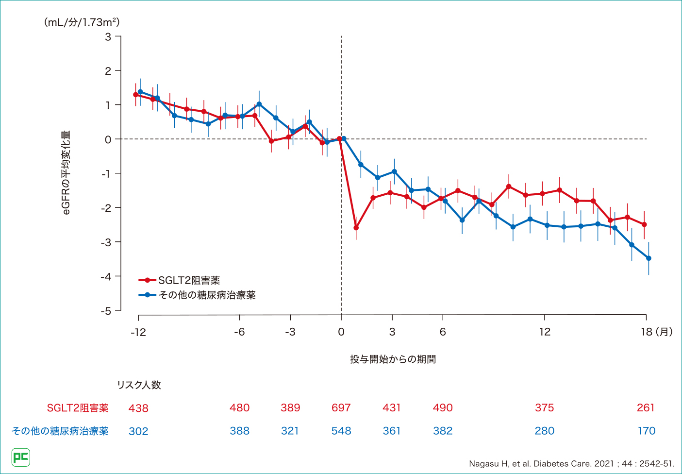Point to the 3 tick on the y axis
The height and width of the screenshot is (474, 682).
[108, 37]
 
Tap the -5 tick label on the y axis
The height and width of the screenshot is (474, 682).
[106, 311]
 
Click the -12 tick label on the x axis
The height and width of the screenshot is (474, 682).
[138, 332]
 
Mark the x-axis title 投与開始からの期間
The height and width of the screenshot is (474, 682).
[393, 359]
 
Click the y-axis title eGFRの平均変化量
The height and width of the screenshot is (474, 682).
[66, 172]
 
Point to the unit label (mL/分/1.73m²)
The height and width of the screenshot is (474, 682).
[82, 22]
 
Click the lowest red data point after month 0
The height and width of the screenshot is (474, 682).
[356, 227]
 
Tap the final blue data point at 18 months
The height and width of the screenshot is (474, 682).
[649, 258]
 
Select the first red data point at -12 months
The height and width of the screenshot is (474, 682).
[136, 95]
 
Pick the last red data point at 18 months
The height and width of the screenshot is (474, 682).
[644, 224]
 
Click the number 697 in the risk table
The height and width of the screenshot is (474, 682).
[341, 408]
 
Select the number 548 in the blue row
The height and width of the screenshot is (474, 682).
[341, 431]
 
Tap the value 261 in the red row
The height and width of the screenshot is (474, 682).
[646, 408]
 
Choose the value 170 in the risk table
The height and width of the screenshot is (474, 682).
[647, 431]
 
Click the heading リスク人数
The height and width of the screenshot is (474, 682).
[139, 385]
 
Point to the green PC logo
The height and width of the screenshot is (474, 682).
[21, 457]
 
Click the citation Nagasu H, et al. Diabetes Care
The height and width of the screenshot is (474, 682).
[571, 464]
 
